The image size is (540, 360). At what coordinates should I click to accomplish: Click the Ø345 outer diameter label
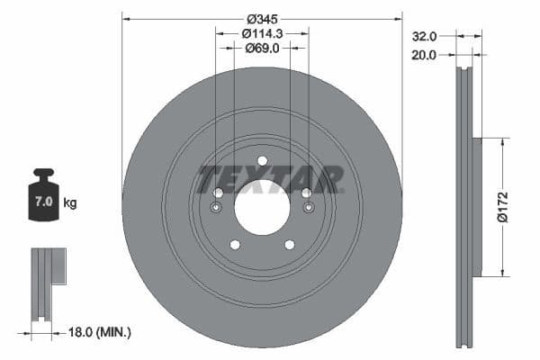click(x=262, y=18)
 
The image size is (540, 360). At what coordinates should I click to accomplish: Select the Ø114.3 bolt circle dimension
click(x=262, y=33)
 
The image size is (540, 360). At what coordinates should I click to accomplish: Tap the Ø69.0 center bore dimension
click(x=262, y=49)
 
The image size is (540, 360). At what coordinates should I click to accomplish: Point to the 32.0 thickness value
click(x=424, y=37)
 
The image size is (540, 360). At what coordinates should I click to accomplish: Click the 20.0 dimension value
click(x=424, y=54)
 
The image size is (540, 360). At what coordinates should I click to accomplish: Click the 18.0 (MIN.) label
click(x=102, y=332)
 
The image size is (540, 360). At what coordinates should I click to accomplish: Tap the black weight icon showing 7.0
click(x=43, y=191)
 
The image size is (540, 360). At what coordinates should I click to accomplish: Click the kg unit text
click(x=70, y=203)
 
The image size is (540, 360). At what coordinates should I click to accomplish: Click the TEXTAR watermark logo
click(x=271, y=178)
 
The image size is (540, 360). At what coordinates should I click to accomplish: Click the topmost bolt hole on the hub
click(x=262, y=161)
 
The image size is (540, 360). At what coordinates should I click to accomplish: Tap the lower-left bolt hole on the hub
click(x=234, y=245)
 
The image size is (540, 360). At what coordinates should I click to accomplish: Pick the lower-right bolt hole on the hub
click(x=290, y=245)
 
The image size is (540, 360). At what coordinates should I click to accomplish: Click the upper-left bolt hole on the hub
click(x=218, y=193)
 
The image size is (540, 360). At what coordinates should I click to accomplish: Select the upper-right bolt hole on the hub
click(x=307, y=193)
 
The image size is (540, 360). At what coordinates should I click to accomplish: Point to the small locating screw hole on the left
click(x=214, y=209)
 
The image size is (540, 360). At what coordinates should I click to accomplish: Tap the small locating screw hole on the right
click(x=310, y=209)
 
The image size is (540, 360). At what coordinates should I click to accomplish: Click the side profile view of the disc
click(x=464, y=207)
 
